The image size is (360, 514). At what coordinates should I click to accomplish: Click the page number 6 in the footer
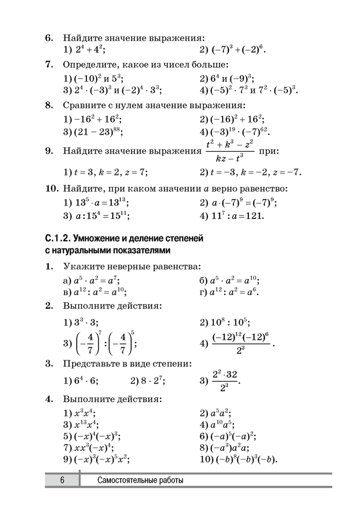pos(62,481)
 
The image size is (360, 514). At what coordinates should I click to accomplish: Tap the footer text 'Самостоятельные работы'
pos(140,481)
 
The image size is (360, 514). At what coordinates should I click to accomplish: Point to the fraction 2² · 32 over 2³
pos(226,381)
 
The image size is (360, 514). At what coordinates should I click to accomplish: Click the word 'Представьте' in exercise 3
pos(89,364)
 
